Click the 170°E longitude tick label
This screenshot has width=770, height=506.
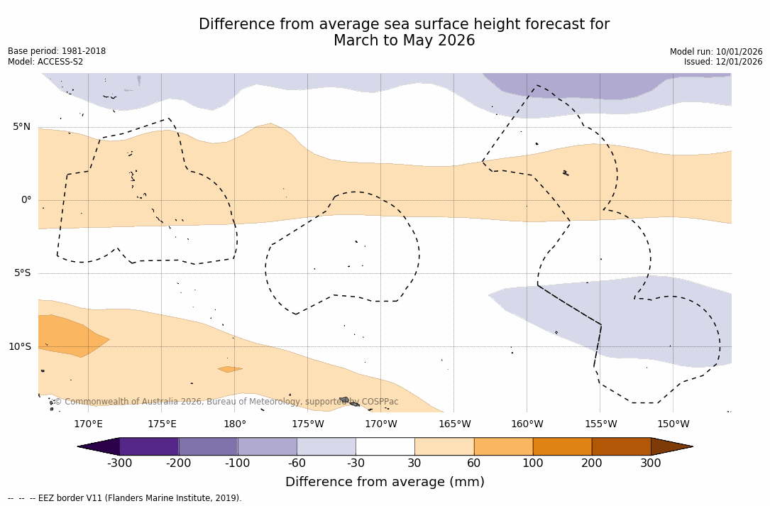[x=88, y=424]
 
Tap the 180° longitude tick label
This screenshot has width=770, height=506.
[x=235, y=424]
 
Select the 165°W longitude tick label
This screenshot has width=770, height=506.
[x=454, y=424]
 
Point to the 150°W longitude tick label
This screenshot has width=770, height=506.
[x=673, y=424]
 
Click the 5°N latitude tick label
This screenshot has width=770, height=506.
[x=21, y=127]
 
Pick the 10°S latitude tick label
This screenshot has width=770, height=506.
[x=19, y=347]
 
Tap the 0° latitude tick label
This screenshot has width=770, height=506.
[x=26, y=200]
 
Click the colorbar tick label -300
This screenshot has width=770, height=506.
[x=119, y=463]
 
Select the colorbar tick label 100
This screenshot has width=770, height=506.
[x=532, y=463]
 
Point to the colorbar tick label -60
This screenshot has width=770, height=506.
[x=297, y=463]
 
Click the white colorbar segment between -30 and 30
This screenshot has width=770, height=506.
[x=385, y=446]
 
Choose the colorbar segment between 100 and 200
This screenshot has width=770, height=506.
[x=562, y=446]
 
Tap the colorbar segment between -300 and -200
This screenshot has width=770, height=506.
[x=149, y=446]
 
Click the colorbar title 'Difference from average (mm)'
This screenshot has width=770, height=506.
[x=385, y=483]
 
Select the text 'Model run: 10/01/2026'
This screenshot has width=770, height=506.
[x=716, y=52]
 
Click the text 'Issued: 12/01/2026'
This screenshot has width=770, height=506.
[x=723, y=62]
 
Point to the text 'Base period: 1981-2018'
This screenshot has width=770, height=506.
[x=57, y=51]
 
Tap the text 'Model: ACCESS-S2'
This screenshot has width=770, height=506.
[x=45, y=62]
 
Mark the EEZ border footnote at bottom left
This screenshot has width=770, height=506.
[x=125, y=498]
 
